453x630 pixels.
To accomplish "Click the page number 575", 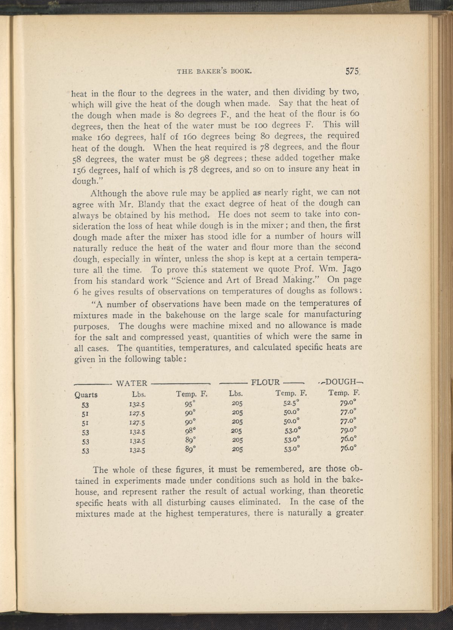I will click(351, 72).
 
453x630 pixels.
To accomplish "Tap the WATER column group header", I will click(132, 383).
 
